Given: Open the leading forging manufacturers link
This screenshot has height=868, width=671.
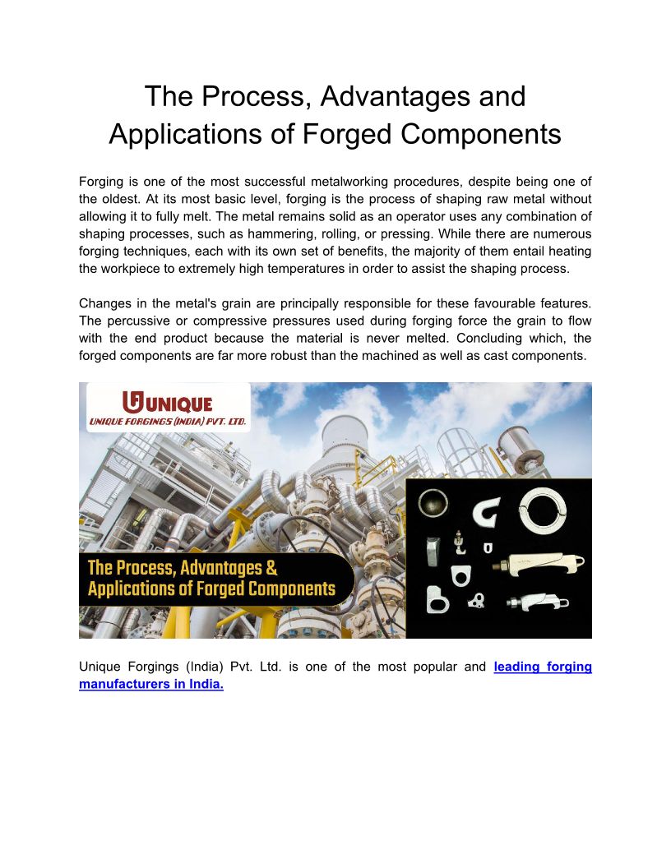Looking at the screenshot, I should (542, 667).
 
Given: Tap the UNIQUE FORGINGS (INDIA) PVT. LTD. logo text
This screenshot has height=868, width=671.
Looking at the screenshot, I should (168, 420).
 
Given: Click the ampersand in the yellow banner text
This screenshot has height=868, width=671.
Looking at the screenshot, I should (271, 568).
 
